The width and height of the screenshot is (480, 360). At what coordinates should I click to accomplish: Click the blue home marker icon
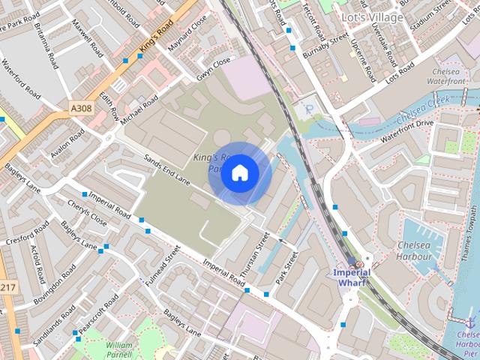[239, 173]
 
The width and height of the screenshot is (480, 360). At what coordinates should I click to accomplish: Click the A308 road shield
[81, 109]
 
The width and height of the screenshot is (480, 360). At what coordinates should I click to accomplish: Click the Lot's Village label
[372, 16]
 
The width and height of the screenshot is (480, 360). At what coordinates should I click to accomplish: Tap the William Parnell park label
[119, 349]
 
